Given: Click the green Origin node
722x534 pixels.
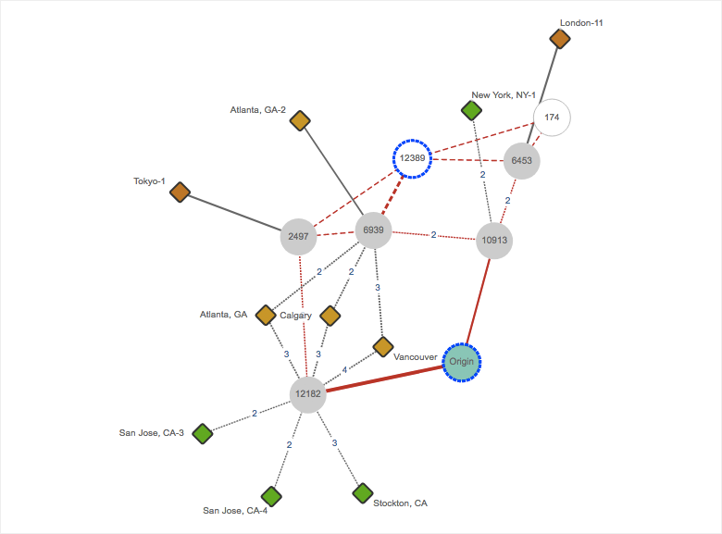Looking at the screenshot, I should tap(461, 362).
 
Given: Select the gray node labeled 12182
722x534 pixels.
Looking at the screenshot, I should tap(307, 393).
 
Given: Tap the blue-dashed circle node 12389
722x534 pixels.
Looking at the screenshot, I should tap(412, 158).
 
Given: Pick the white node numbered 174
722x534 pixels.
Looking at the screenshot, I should tap(552, 118).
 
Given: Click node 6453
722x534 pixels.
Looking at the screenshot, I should tap(521, 160).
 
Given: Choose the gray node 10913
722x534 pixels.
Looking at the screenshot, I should tap(494, 241).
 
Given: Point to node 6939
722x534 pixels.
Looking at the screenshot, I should tap(374, 230).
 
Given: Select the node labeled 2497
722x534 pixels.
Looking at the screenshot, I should tap(298, 236).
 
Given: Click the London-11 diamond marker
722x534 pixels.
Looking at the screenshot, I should tap(559, 38).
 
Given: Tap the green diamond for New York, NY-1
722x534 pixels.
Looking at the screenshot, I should tap(471, 111).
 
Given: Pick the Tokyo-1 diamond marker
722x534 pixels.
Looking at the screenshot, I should tap(180, 192).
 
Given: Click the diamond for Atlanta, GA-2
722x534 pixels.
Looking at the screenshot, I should tap(299, 120).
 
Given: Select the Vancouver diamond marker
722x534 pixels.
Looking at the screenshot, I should tap(383, 346).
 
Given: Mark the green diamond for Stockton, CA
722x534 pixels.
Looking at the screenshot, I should tap(363, 492).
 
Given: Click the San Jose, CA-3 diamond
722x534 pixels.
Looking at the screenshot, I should tap(203, 433).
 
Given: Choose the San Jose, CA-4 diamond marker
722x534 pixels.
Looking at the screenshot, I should tap(270, 496).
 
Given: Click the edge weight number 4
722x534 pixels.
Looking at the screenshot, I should tap(345, 370).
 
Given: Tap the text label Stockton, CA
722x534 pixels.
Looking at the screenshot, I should tap(400, 503).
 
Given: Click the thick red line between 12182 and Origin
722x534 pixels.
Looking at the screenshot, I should tap(384, 379).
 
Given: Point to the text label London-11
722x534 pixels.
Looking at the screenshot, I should tap(582, 22).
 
